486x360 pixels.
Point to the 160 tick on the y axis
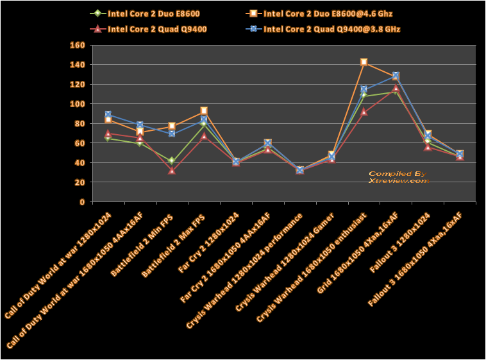pyautogui.click(x=77, y=46)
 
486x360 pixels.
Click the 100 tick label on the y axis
pyautogui.click(x=77, y=104)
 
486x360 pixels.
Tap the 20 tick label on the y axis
pyautogui.click(x=80, y=182)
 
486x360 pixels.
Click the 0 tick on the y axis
pyautogui.click(x=81, y=202)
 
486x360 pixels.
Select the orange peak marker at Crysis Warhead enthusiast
pyautogui.click(x=364, y=62)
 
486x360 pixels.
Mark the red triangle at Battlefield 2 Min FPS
pyautogui.click(x=172, y=170)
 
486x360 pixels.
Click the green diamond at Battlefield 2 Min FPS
pyautogui.click(x=172, y=160)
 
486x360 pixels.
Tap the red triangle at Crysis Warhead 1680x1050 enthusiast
pyautogui.click(x=364, y=112)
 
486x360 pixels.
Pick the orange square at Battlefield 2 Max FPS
pyautogui.click(x=204, y=111)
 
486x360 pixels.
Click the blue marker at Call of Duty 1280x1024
pyautogui.click(x=108, y=115)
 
